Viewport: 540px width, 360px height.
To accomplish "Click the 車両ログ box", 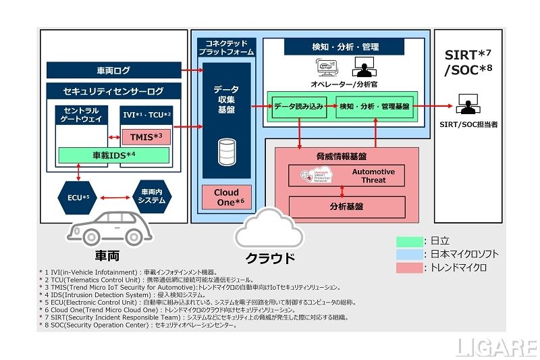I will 113,70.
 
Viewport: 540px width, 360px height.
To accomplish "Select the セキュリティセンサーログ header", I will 113,91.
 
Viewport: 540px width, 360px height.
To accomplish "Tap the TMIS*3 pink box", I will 145,137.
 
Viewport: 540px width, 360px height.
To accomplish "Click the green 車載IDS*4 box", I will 113,155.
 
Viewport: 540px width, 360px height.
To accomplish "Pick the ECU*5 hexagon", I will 78,197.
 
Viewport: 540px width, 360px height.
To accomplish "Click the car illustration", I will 108,229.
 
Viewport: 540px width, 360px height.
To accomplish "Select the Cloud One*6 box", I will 226,197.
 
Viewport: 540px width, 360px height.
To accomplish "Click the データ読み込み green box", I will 299,106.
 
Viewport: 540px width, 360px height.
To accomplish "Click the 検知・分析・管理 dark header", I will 344,47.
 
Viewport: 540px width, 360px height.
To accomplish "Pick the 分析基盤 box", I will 347,207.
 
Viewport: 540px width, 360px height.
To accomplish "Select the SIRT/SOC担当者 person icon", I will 466,105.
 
